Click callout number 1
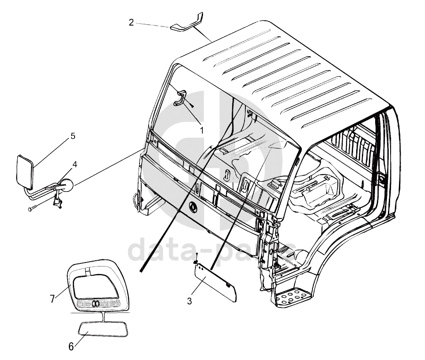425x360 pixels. coord(202,130)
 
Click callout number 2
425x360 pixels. coord(131,22)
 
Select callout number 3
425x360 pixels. coord(189,301)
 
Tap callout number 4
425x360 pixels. coord(75,164)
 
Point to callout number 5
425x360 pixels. coord(73,136)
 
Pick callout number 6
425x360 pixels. coord(71,347)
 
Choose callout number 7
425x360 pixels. coord(53,299)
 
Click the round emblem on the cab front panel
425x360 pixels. coord(193,206)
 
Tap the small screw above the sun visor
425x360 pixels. coord(196,257)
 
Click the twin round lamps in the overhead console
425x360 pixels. coord(95,304)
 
